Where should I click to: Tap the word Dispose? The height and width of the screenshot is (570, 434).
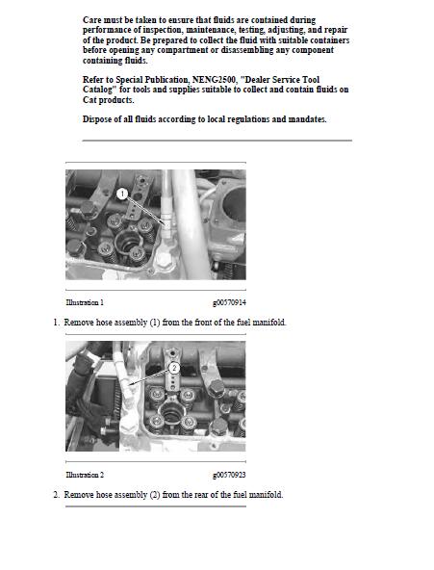(99, 119)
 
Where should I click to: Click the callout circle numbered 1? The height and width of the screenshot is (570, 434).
(122, 194)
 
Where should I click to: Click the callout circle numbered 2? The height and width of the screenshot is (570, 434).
(174, 367)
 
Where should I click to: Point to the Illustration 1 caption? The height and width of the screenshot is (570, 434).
(85, 303)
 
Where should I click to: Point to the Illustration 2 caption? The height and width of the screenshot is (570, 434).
(85, 476)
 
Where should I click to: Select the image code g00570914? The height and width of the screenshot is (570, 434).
(229, 303)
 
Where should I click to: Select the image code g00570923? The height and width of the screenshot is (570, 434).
(229, 476)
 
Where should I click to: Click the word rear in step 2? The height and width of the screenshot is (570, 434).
(199, 495)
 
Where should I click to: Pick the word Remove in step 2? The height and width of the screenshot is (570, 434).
(80, 495)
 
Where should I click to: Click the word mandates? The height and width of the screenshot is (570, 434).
(305, 119)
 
